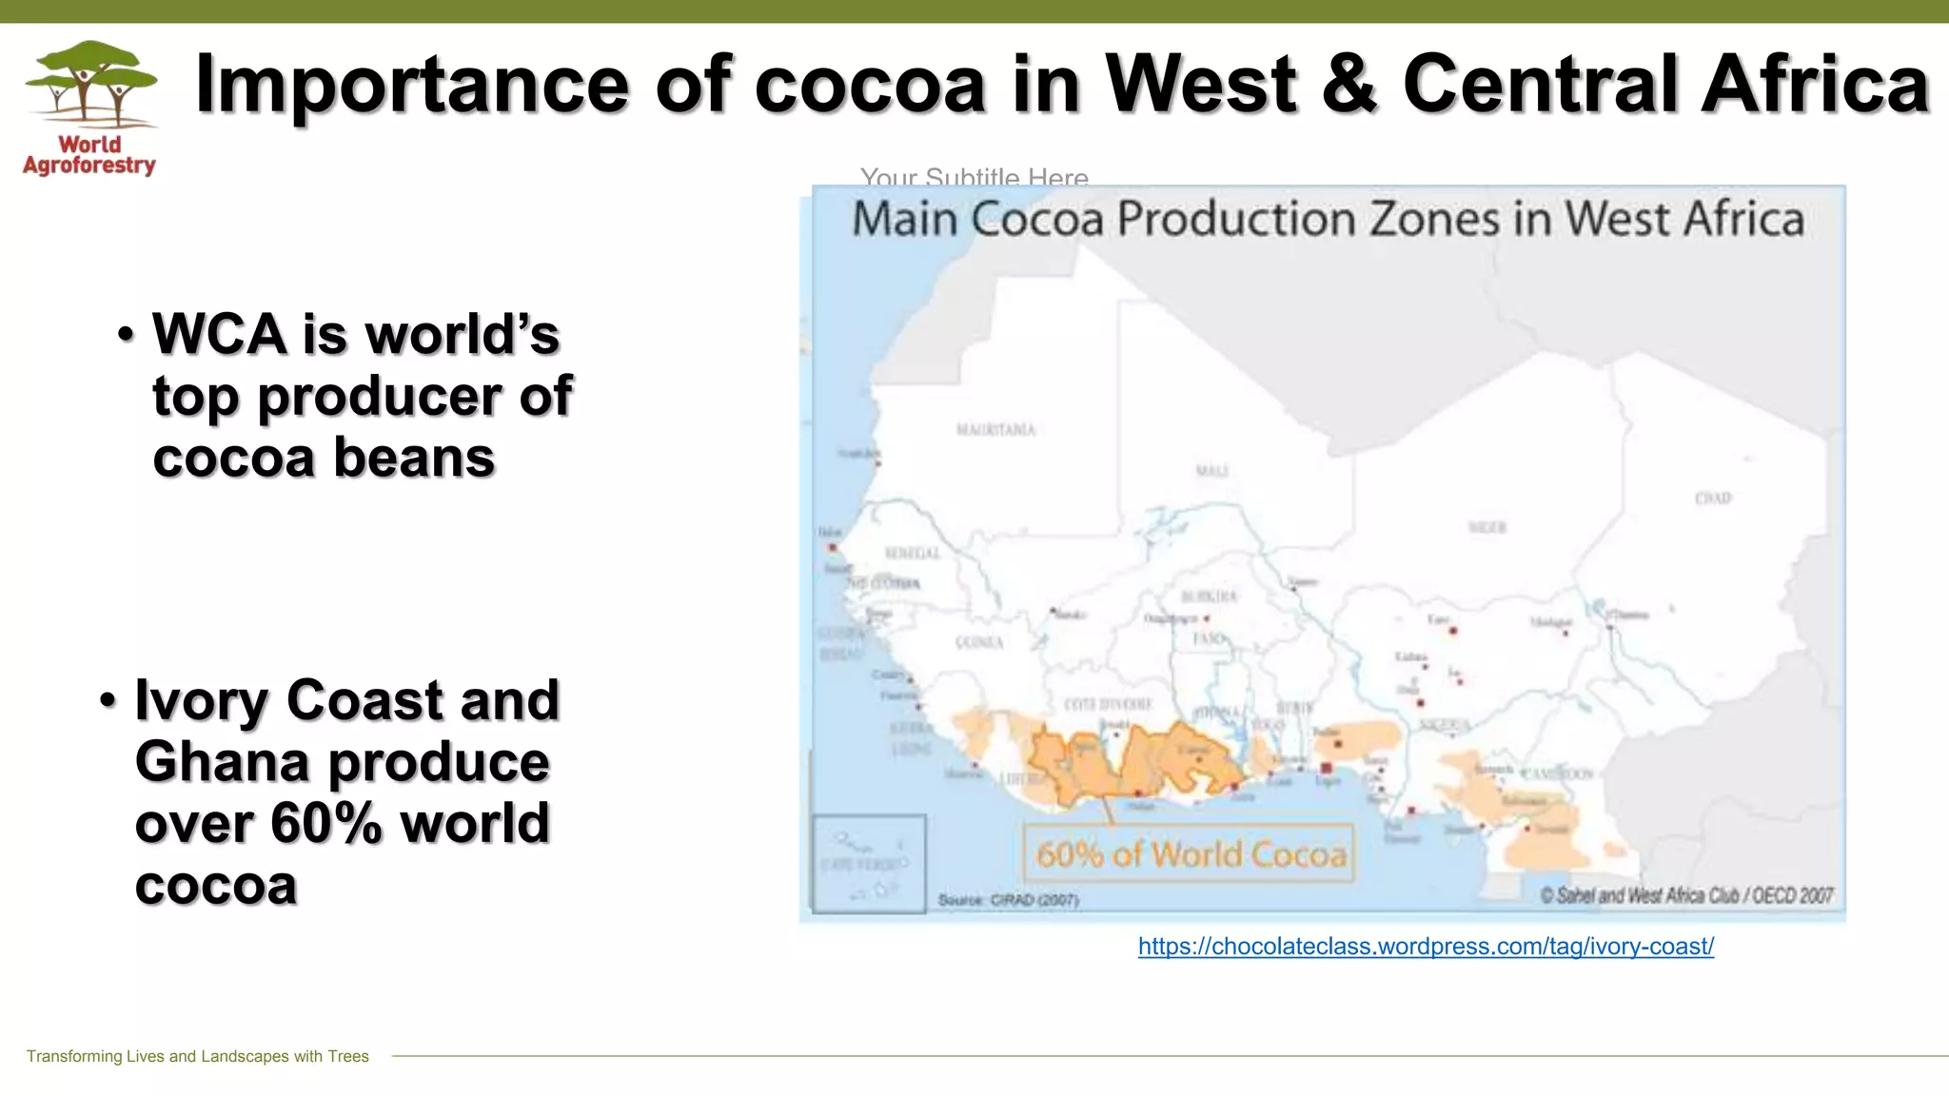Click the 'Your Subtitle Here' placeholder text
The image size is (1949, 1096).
point(974,176)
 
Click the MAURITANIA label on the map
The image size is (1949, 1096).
point(995,430)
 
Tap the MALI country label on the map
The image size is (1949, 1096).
point(1211,471)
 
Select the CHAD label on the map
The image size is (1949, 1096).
point(1712,499)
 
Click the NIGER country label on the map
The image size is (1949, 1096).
point(1486,527)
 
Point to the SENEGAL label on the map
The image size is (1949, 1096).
point(912,554)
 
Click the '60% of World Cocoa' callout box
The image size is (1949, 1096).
point(1190,854)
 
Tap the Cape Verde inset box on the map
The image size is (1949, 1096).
point(868,864)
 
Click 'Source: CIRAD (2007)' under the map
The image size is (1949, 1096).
point(1008,900)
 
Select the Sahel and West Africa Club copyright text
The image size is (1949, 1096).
point(1685,895)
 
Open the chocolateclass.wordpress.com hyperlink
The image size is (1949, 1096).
point(1426,947)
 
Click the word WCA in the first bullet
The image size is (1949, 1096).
point(219,335)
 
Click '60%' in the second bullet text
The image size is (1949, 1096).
point(326,823)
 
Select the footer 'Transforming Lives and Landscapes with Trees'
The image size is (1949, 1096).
point(198,1056)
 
